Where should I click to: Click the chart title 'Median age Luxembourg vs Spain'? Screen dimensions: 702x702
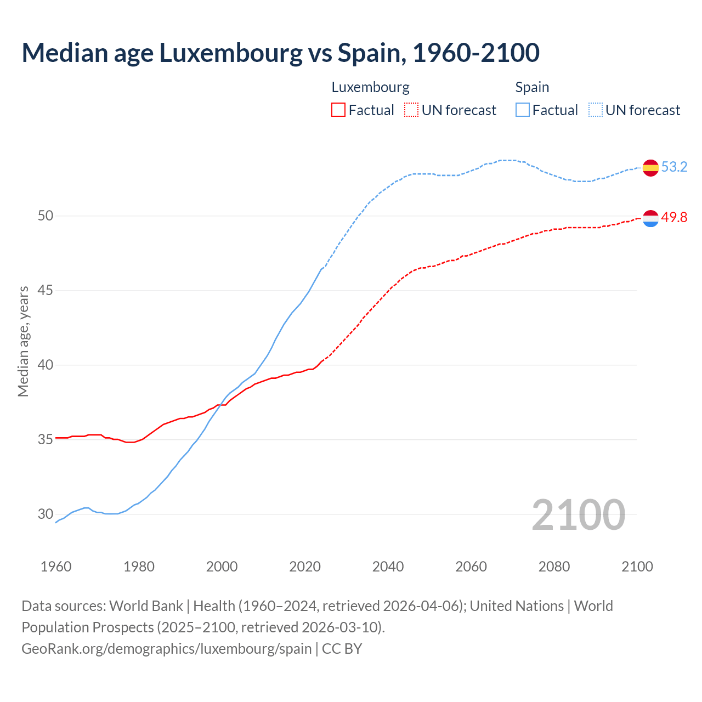(x=280, y=53)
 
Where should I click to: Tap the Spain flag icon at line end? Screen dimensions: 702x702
(x=650, y=167)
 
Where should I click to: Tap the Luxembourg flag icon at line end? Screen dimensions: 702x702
(x=650, y=218)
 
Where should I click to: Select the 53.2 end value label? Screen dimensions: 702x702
(x=674, y=167)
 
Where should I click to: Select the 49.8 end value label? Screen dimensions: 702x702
(x=674, y=218)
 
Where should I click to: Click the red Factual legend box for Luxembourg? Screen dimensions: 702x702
(x=338, y=110)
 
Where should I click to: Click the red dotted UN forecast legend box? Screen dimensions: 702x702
(x=411, y=110)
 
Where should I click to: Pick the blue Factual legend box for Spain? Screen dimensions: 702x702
(x=523, y=110)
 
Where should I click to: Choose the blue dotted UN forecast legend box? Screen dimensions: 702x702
(x=595, y=110)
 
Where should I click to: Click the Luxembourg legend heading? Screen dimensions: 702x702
(x=370, y=87)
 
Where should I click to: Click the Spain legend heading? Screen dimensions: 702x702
(x=532, y=87)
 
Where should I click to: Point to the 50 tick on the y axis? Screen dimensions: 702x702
(x=46, y=216)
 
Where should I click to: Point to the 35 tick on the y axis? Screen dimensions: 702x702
(x=46, y=440)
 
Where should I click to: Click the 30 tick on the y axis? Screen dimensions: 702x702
(x=46, y=514)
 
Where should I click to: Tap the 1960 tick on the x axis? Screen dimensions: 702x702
(x=56, y=567)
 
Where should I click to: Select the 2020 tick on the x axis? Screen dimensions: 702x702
(x=305, y=567)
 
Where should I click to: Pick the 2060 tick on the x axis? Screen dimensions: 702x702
(x=471, y=567)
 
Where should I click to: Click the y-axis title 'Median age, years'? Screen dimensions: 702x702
(x=23, y=341)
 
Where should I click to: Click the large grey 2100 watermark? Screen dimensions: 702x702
(x=578, y=514)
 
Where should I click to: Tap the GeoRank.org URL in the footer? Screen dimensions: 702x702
(x=166, y=649)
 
